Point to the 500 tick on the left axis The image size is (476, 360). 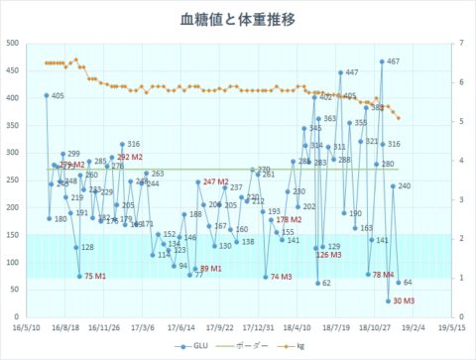pyautogui.click(x=13, y=43)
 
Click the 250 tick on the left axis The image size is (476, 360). pyautogui.click(x=13, y=180)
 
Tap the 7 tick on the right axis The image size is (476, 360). pyautogui.click(x=462, y=43)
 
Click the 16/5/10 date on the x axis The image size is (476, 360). pyautogui.click(x=28, y=325)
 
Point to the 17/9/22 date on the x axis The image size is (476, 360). pyautogui.click(x=219, y=325)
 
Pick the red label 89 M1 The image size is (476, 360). pyautogui.click(x=211, y=269)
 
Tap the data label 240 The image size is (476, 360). pyautogui.click(x=404, y=185)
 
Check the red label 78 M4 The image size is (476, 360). pyautogui.click(x=383, y=274)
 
